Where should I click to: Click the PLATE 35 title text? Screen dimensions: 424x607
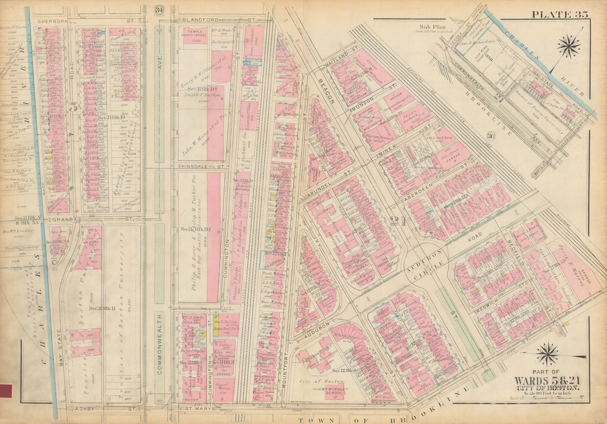coord(560,14)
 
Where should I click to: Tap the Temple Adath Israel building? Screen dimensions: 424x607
coord(195,36)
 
